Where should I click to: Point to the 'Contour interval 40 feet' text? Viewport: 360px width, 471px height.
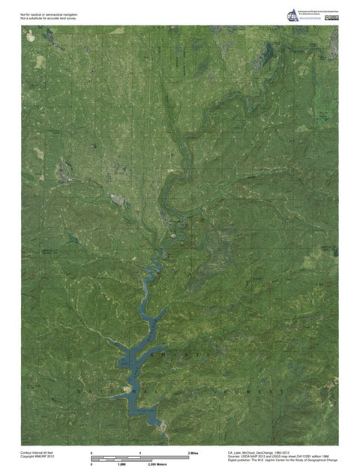[x=37, y=453]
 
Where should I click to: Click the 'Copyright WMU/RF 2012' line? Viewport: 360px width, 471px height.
[x=37, y=457]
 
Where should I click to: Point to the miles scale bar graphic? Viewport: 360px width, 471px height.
[x=140, y=457]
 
